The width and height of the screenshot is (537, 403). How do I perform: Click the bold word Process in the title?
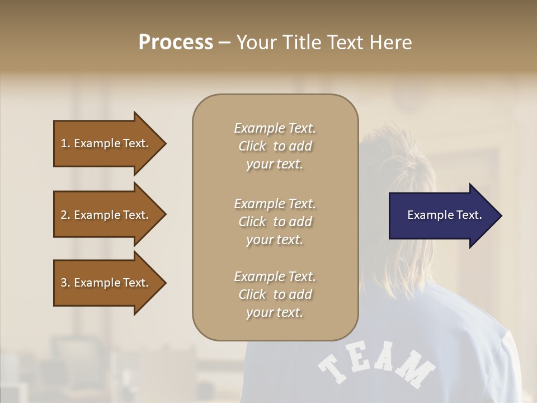176,43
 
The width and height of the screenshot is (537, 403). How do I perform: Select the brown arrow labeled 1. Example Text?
106,143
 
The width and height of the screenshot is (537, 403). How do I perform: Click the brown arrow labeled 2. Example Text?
106,215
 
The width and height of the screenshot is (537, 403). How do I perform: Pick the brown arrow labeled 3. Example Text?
106,283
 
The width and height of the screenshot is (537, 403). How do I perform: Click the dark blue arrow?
442,215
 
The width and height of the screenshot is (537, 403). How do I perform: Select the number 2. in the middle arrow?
65,215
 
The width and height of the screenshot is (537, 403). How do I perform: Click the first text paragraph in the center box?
275,146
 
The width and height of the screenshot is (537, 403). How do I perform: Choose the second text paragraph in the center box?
275,221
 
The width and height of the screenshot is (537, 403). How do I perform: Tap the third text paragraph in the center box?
275,294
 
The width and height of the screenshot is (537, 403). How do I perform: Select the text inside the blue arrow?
444,215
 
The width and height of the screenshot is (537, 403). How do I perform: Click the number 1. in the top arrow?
65,143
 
